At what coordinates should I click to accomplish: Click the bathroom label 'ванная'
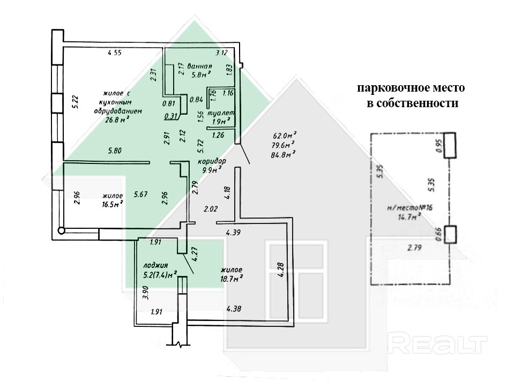199,66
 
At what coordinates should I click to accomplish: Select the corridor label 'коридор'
212,161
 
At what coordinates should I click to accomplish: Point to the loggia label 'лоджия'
155,265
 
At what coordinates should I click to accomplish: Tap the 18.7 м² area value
232,278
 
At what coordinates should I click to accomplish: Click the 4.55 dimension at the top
115,53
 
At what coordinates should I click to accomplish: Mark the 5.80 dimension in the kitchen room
115,151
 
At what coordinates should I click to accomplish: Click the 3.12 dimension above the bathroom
221,53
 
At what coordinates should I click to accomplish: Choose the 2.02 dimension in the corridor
211,208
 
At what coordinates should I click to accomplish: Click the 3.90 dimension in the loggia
146,293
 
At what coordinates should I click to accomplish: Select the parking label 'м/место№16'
410,207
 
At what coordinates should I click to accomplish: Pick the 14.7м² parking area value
409,217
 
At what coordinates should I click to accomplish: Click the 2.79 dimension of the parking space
414,248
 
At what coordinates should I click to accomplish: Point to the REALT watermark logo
437,344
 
